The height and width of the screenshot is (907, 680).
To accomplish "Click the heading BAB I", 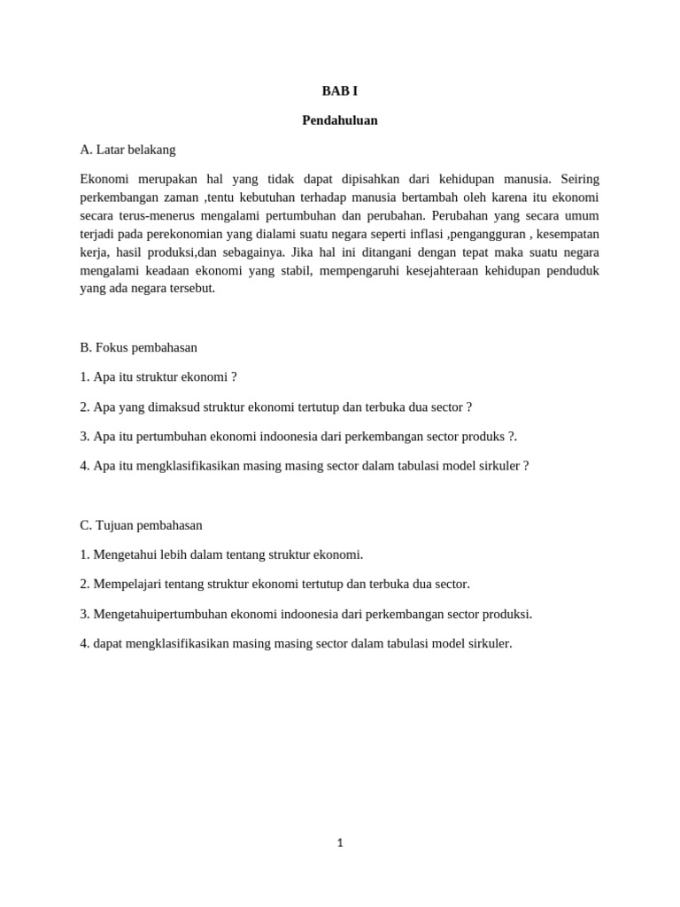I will (339, 91).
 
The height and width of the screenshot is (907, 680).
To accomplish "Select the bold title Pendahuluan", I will (339, 120).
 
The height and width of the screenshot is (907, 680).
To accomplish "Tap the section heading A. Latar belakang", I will (127, 150).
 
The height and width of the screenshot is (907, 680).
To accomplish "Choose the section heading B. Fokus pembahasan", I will (138, 347).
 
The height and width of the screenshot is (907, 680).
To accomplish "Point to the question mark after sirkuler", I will (526, 466).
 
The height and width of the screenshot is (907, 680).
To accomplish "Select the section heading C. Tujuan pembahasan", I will (141, 525).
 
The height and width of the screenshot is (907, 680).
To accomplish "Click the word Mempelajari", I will (128, 584).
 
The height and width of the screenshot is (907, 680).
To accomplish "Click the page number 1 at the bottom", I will (340, 843).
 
